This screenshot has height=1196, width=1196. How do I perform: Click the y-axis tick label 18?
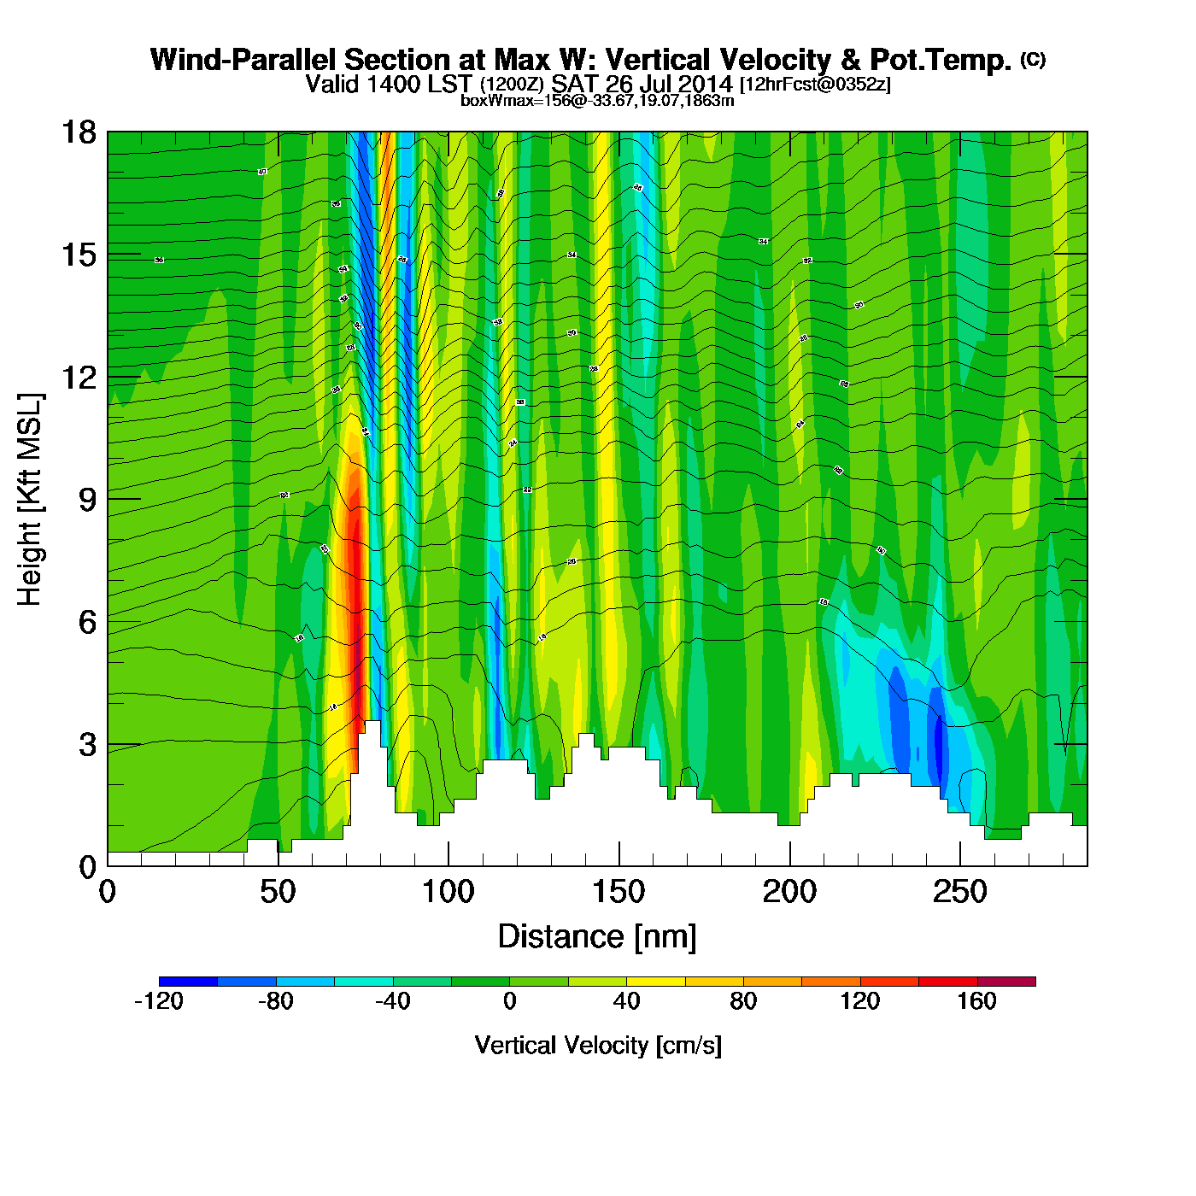[x=78, y=132]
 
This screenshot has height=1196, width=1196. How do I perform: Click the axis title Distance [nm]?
[x=597, y=936]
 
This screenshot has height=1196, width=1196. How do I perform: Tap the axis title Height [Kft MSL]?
[x=30, y=500]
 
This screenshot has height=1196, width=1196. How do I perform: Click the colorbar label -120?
[x=159, y=1001]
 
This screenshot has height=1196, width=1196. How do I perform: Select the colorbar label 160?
[x=976, y=1001]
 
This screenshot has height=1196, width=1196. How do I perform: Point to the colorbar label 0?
[x=509, y=1001]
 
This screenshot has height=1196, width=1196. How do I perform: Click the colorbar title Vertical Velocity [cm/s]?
[x=598, y=1045]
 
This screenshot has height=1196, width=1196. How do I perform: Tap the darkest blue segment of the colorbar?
[x=188, y=982]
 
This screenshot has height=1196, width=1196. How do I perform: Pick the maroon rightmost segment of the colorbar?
[x=1006, y=982]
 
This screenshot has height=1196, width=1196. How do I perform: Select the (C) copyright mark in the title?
[x=1032, y=59]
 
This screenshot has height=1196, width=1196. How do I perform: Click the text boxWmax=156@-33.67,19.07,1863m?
[x=597, y=101]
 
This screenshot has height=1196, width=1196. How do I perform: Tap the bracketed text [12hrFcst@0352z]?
[x=815, y=85]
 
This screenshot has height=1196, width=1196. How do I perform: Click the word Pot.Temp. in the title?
[x=940, y=60]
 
